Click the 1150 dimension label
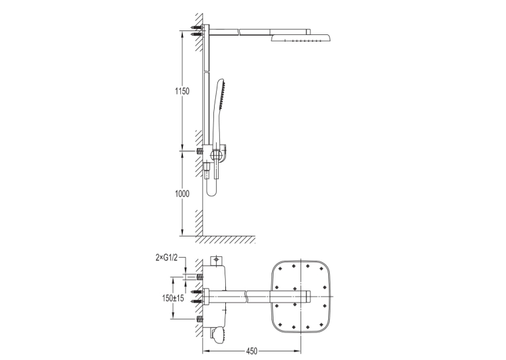[182, 91]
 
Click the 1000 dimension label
[182, 194]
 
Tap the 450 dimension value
[252, 351]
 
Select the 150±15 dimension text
[173, 298]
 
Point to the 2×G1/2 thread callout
[166, 258]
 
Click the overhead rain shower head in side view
[301, 38]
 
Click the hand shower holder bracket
[219, 153]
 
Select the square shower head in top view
[301, 297]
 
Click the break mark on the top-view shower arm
[246, 297]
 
